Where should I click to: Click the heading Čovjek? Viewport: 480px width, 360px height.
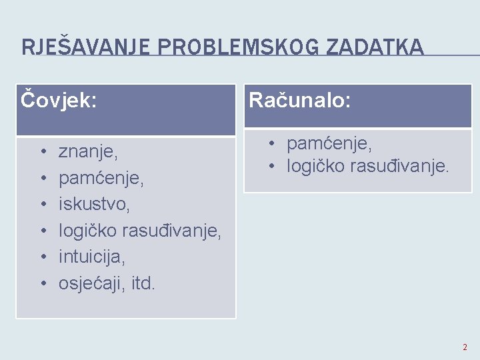59,101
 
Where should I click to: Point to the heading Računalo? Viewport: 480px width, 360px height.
300,101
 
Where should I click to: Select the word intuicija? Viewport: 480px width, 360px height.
91,256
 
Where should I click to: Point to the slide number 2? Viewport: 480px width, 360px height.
465,347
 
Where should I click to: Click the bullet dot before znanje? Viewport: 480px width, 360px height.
42,153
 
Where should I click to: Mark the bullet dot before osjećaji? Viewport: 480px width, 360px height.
42,283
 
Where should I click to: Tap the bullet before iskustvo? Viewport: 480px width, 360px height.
42,205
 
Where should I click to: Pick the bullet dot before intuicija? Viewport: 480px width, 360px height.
42,257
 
